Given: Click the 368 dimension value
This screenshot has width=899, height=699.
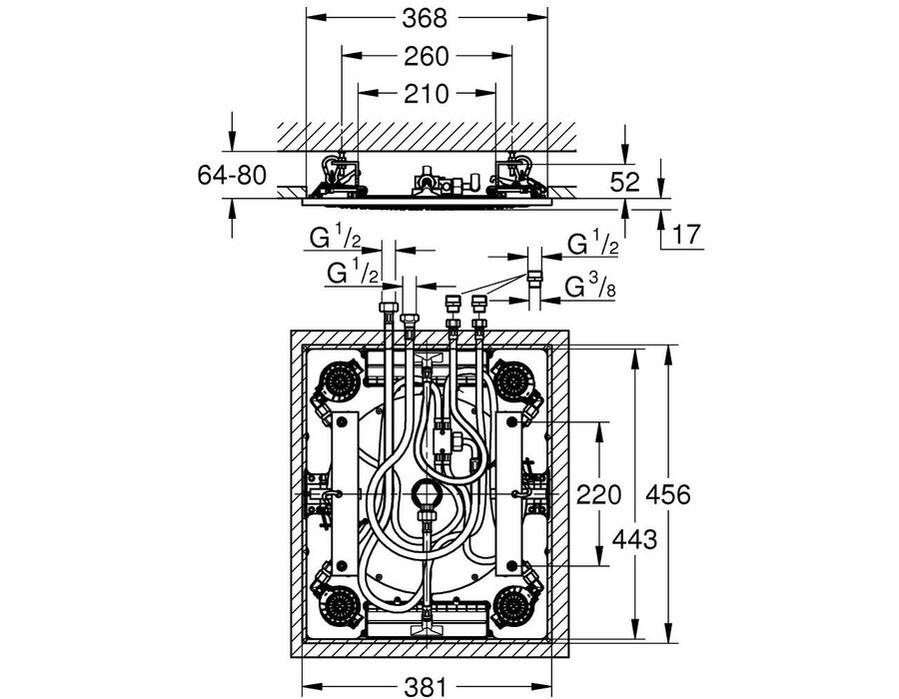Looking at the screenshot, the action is point(425,18).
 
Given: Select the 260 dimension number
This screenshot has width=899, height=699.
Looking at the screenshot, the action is point(426,57).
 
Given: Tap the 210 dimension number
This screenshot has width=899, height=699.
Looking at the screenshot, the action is point(426,94).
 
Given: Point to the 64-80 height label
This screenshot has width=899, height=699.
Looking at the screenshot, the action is point(232,175).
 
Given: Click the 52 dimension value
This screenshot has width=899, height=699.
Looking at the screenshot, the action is point(624,182).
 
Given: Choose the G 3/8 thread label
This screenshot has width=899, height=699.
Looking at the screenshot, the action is point(590,287).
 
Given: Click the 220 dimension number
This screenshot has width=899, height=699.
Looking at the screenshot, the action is point(598,494).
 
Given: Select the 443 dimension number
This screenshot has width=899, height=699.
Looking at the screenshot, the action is point(634,539).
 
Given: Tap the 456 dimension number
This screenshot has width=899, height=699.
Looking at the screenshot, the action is point(668,494).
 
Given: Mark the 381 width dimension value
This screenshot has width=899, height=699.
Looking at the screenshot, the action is point(426,686).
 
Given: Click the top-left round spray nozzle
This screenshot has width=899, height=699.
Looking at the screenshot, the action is point(341,378).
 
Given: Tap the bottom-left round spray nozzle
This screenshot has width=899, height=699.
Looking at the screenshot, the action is point(341,604).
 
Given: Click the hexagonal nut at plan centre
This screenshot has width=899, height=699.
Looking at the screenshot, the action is point(426,491).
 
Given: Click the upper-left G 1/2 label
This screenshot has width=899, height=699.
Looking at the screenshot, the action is point(335,237).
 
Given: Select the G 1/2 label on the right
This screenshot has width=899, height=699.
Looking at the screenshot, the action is point(592,243).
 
